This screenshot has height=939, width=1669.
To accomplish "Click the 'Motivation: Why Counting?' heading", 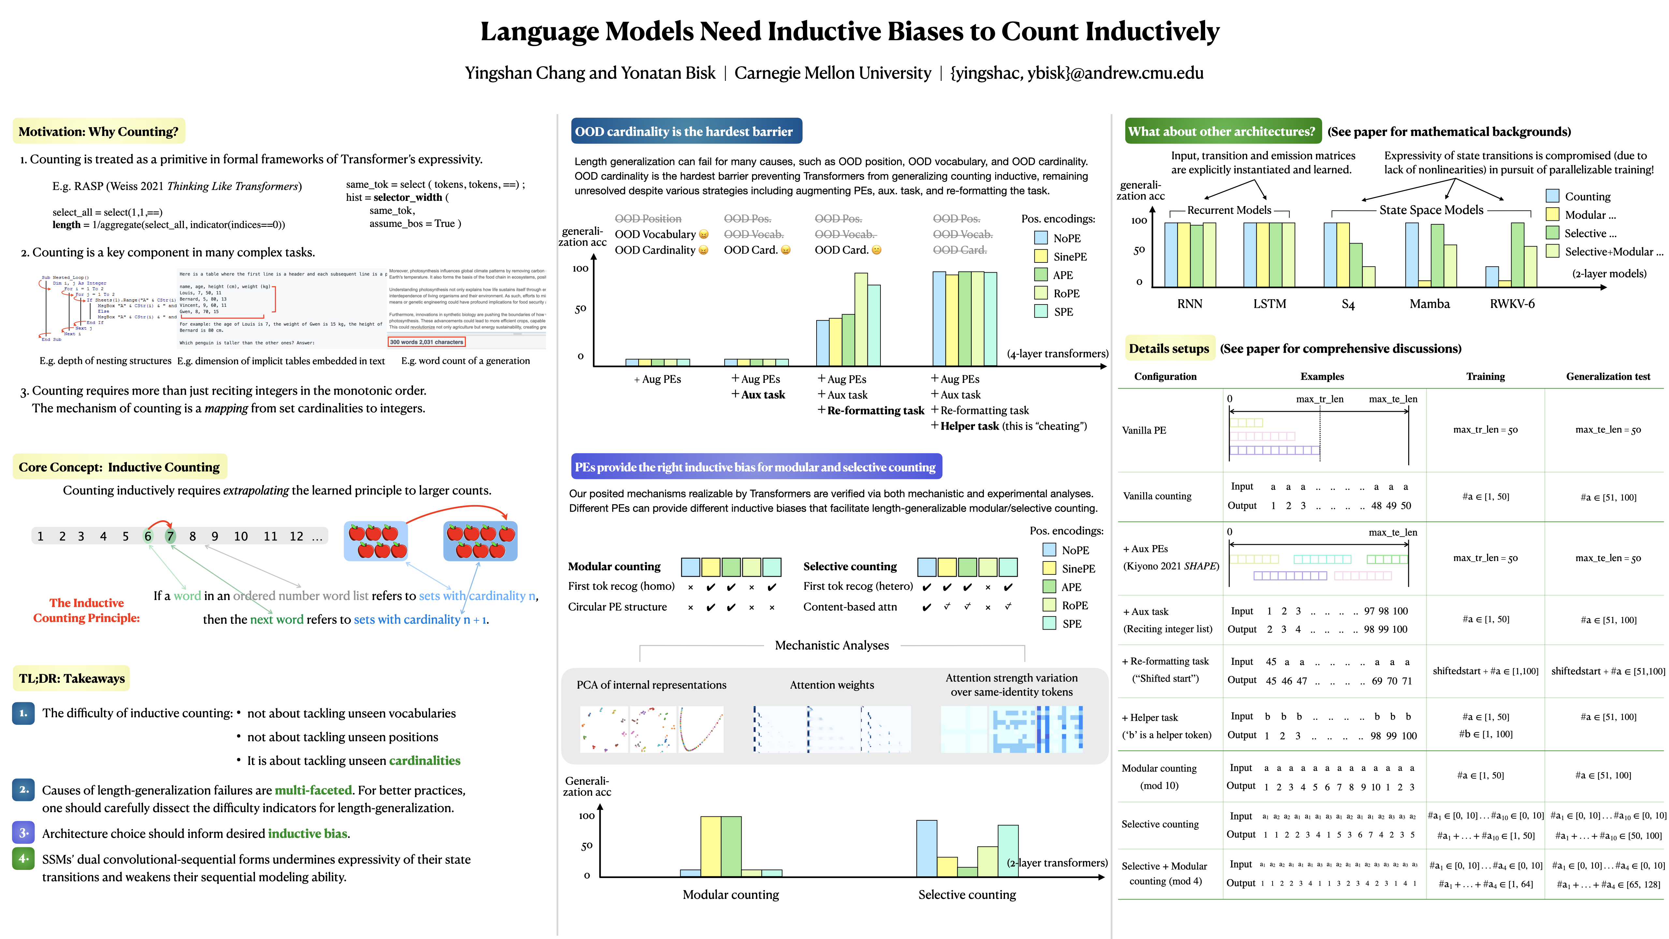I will [98, 131].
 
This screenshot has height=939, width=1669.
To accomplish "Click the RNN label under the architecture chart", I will [1189, 304].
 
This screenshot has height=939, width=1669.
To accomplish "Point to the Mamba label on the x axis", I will [1429, 304].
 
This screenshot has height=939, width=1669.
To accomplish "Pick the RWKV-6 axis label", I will [1512, 304].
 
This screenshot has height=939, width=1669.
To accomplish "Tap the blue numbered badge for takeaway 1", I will [23, 713].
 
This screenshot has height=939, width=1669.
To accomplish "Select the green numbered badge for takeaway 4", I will [23, 859].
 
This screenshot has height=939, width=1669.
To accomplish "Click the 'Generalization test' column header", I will [1608, 377].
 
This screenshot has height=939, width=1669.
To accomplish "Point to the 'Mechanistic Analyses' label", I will [832, 646].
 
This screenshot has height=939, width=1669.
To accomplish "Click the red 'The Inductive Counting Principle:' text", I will [87, 610].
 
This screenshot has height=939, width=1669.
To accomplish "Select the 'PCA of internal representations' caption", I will [651, 685].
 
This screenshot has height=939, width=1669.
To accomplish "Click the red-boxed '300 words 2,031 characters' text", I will [426, 342].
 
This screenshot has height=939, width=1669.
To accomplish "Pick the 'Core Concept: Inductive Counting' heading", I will [119, 467].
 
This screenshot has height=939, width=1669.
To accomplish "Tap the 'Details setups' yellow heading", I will [1169, 349].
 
